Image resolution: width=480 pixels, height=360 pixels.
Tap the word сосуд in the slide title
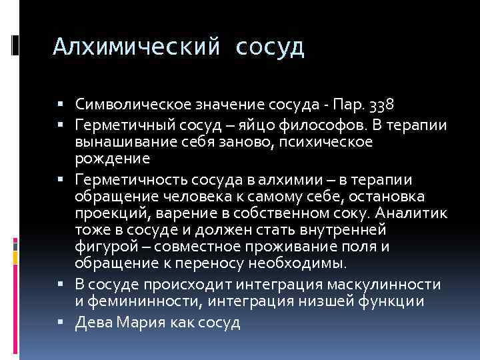pos(270,47)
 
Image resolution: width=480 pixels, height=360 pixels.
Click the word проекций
pos(113,213)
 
